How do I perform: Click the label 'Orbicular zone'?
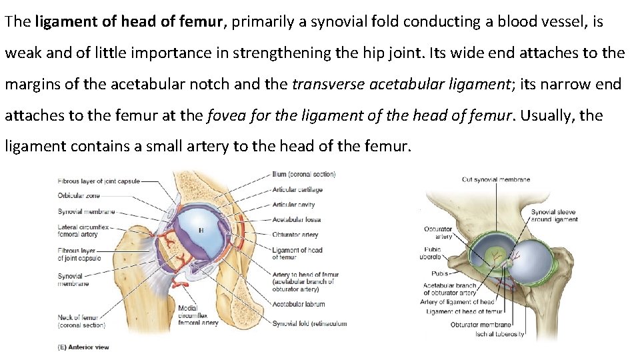tap(79, 195)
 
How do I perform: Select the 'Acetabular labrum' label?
tap(298, 304)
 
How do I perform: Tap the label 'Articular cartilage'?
tap(297, 189)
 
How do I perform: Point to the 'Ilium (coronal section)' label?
tap(303, 175)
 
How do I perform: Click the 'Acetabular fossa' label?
tap(297, 219)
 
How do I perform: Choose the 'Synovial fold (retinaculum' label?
tap(309, 324)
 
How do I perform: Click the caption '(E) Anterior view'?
tap(83, 347)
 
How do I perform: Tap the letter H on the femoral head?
tap(199, 229)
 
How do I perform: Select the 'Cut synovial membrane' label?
tap(496, 179)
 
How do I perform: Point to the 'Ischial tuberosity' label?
tap(499, 333)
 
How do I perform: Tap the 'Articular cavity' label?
tap(293, 205)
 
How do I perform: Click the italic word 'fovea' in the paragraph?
tap(224, 115)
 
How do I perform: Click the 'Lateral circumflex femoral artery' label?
tap(77, 231)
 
